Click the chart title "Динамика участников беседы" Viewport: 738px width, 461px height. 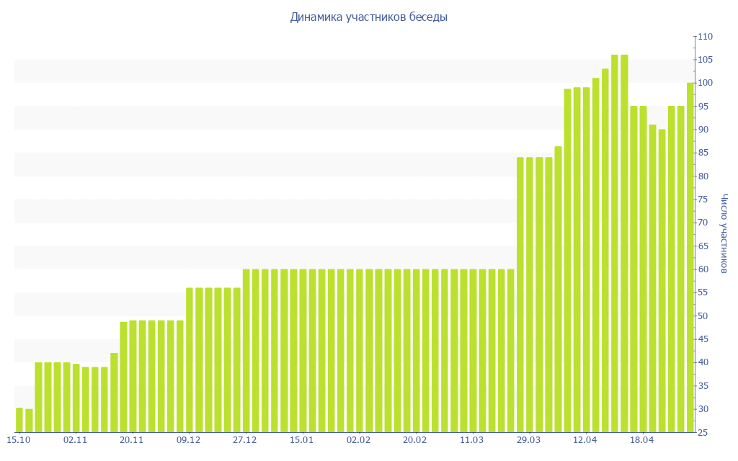(368, 17)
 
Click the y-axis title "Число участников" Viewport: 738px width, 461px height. (724, 233)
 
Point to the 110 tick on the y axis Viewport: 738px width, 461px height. (704, 37)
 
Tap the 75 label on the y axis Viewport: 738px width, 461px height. (704, 200)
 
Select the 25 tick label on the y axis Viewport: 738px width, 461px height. (704, 432)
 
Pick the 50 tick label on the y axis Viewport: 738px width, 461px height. (704, 316)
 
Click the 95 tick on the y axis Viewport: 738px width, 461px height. (704, 107)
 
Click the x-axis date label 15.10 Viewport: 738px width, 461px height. (18, 440)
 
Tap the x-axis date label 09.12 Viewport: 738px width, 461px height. (188, 440)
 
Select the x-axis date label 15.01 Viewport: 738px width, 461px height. (301, 440)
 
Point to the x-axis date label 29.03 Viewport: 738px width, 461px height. (528, 440)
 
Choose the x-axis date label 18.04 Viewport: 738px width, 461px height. (641, 440)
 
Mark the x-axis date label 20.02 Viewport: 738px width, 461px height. (415, 440)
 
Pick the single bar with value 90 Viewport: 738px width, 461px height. (662, 281)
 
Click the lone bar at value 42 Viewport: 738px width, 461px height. (114, 393)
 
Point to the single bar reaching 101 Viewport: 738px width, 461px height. (596, 255)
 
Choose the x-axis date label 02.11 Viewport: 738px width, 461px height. (75, 440)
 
